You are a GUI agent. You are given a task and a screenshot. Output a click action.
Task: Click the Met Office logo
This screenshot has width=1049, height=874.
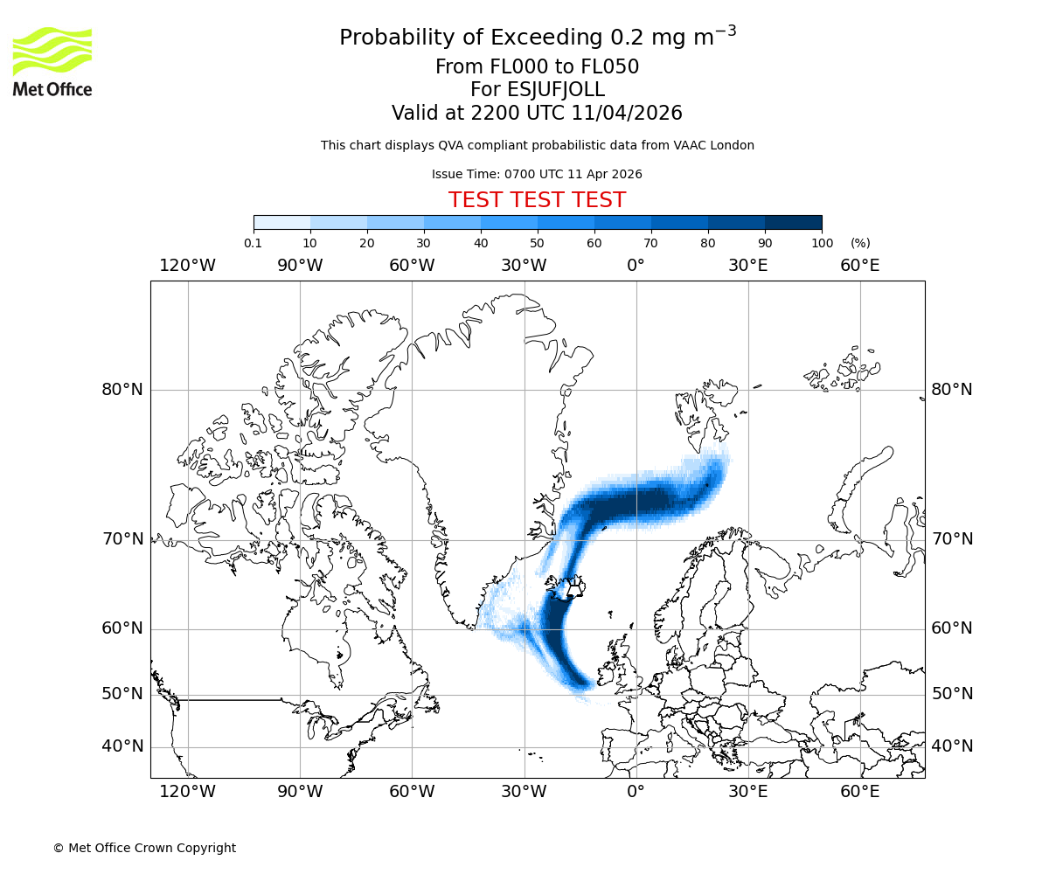52,61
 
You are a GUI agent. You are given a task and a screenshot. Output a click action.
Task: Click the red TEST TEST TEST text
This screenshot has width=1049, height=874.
537,200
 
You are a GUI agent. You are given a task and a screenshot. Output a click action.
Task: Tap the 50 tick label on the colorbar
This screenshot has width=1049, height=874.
537,243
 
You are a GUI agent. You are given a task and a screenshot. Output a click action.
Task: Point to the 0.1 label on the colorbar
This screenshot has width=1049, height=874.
253,243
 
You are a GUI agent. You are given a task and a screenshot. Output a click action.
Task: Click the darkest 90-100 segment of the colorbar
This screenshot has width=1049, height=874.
793,222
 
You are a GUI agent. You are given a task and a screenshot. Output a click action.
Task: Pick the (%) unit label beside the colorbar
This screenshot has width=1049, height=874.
860,243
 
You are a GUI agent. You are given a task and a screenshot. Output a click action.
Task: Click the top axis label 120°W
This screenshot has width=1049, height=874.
188,265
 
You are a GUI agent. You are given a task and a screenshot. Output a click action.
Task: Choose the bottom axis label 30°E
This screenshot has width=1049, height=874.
747,792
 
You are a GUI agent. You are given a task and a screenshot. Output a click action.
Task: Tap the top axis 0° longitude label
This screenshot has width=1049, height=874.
636,265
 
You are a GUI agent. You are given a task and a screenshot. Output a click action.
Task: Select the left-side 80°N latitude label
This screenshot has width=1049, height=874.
122,390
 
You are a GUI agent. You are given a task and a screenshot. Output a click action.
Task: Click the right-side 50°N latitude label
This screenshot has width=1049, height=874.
952,694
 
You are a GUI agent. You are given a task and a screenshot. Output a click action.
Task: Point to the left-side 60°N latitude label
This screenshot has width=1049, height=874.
122,628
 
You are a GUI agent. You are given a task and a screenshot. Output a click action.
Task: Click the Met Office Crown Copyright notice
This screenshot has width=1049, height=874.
144,848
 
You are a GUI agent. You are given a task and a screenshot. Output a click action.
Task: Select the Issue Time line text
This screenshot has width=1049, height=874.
537,174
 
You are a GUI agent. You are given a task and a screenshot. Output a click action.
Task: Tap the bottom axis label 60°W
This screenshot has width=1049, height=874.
412,792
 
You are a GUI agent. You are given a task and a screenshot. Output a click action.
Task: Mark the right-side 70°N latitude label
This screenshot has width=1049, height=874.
952,539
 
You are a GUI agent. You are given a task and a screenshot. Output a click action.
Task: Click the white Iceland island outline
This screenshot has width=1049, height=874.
573,589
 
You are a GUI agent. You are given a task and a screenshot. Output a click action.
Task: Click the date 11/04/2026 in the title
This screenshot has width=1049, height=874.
627,113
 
